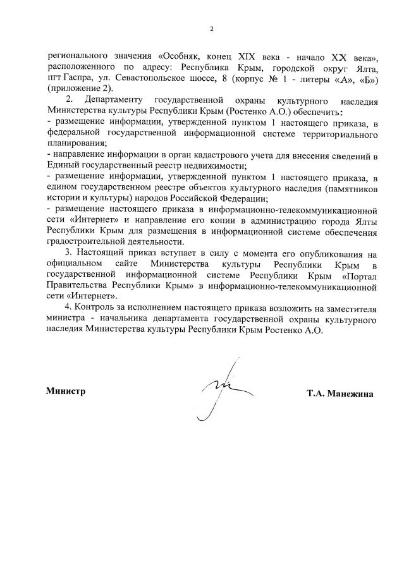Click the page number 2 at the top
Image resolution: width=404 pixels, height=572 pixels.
(212, 28)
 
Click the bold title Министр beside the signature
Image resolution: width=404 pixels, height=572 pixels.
(66, 391)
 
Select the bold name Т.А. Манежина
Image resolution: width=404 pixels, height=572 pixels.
(340, 394)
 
